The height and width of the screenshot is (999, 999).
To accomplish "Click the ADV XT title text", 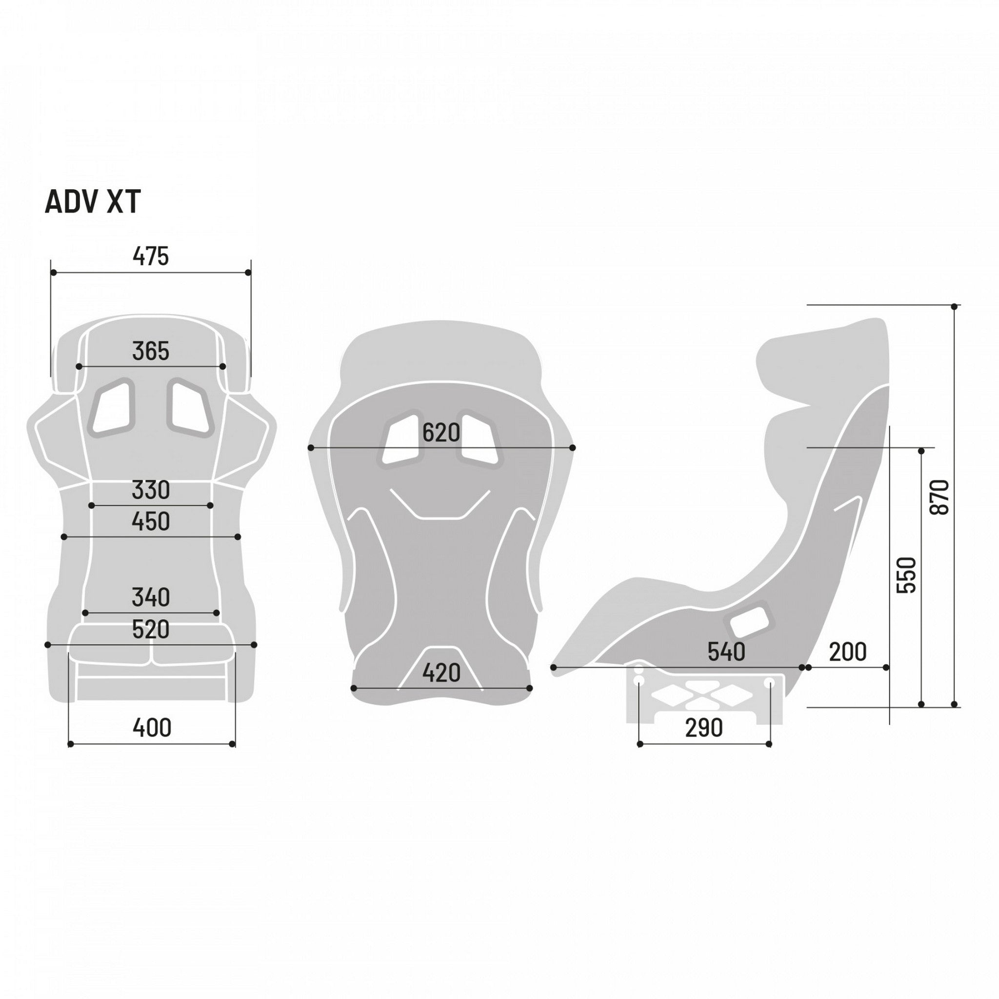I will pos(93,202).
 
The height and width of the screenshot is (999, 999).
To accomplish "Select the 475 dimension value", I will pos(150,256).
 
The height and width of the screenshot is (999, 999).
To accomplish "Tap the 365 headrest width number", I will pos(150,351).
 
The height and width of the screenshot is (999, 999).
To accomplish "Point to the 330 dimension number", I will pos(150,490).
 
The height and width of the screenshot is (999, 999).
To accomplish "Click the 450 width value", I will pos(150,522).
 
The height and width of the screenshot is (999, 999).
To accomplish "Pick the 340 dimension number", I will pos(150,597).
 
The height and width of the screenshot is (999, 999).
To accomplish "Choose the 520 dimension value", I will pos(150,629).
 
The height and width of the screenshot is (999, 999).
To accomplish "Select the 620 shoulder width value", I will pos(441,433).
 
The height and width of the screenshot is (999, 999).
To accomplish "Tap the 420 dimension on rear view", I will pos(441,673).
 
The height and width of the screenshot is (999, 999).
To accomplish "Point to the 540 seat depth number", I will pos(726,652).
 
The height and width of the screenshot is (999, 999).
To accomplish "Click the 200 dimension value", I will pos(847,652).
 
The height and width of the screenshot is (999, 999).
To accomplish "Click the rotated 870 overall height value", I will pos(939,497).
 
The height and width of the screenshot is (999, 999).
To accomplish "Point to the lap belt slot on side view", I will pos(748,619).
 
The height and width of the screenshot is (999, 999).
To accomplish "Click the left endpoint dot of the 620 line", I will pos(311,448).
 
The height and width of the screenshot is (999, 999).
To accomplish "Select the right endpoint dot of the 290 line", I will pos(769,744).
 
